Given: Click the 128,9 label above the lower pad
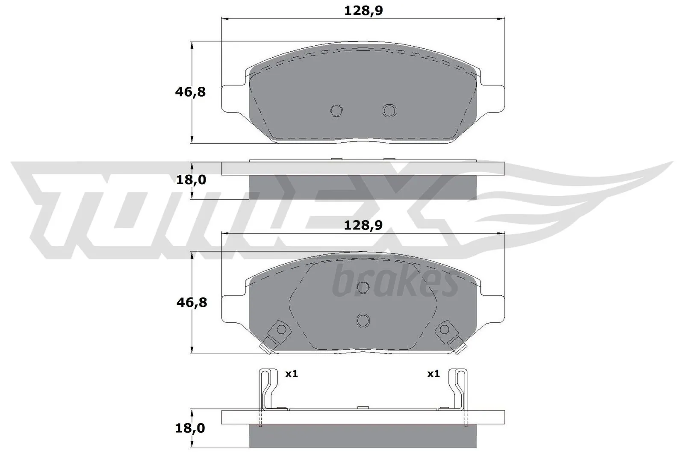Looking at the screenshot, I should pos(363,225).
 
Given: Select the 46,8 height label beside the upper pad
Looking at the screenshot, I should pos(190,91).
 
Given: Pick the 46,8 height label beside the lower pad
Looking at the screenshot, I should pos(192,303).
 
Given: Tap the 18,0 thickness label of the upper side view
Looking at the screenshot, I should pos(191,180).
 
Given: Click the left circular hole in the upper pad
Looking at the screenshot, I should pos(336,111).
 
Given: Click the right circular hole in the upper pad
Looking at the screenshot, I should pos(389,111).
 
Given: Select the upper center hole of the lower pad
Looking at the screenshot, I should pos(363,288).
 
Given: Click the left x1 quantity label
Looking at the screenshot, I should pos(291,374).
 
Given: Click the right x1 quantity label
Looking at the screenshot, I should pos(433,374).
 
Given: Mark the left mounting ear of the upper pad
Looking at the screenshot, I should pos(233,98).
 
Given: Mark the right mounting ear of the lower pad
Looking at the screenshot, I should pos(493,308).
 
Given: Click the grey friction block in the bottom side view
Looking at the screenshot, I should pos(363,436).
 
